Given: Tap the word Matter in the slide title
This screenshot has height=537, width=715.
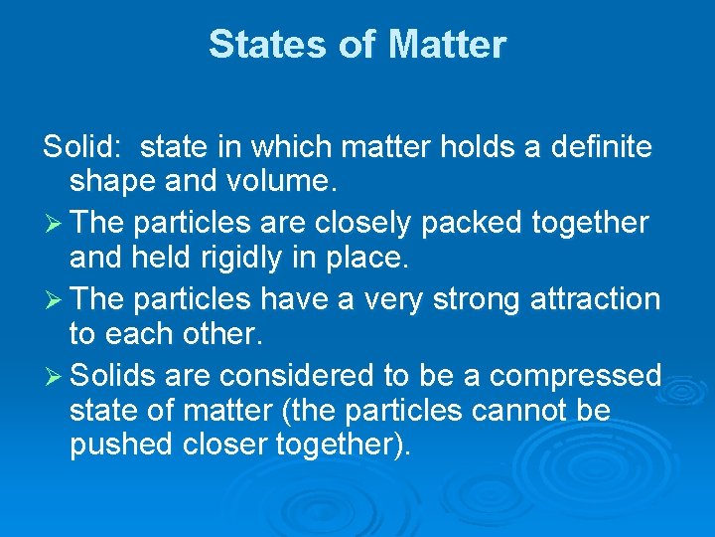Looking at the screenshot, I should click(448, 45).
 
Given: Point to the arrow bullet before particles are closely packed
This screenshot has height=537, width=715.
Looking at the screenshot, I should click(55, 223).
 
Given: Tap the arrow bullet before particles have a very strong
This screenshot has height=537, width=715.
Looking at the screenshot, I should click(55, 298).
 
